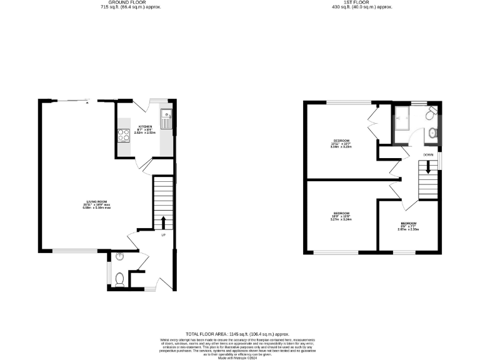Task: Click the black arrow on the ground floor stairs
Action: [x=163, y=222]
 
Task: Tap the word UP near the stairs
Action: [x=163, y=236]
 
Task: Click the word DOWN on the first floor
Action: [x=428, y=154]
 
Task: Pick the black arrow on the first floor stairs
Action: [x=428, y=167]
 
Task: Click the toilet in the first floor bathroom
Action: [x=431, y=114]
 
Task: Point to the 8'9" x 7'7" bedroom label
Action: [x=409, y=226]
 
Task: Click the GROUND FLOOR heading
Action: [x=122, y=2]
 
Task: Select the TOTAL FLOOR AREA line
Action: [x=240, y=334]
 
